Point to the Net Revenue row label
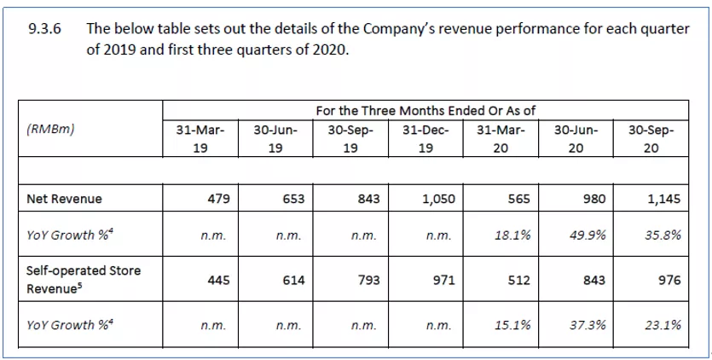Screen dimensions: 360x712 [x=64, y=199]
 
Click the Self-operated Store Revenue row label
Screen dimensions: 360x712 [x=84, y=278]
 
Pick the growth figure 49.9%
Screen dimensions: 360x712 [x=588, y=235]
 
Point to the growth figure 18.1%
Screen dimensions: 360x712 [x=513, y=235]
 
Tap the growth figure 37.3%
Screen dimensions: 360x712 [x=588, y=324]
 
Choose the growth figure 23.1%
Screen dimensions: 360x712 [x=663, y=324]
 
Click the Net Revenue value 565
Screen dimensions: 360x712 [x=518, y=199]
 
